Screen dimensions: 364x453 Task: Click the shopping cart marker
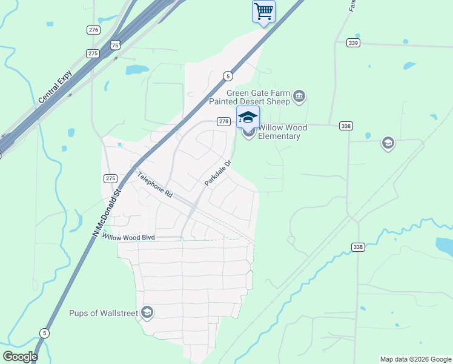click(x=263, y=12)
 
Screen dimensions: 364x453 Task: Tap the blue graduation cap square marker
click(x=248, y=116)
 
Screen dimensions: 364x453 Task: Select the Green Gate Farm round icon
click(x=299, y=96)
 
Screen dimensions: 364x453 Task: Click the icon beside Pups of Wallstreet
click(x=147, y=312)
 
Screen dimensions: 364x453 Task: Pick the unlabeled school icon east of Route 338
click(x=388, y=143)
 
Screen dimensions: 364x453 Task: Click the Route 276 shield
click(x=93, y=30)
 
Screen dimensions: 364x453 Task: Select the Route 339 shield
click(x=354, y=42)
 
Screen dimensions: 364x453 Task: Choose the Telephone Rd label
click(x=154, y=185)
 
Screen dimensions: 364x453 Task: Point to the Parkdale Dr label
click(x=218, y=172)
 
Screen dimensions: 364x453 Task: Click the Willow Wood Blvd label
click(x=128, y=237)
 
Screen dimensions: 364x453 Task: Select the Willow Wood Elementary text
click(x=282, y=132)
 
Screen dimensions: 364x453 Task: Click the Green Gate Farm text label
click(x=258, y=97)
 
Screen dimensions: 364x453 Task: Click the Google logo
click(x=20, y=357)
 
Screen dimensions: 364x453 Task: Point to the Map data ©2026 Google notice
click(x=415, y=359)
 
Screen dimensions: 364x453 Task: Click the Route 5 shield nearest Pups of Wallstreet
click(x=44, y=333)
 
